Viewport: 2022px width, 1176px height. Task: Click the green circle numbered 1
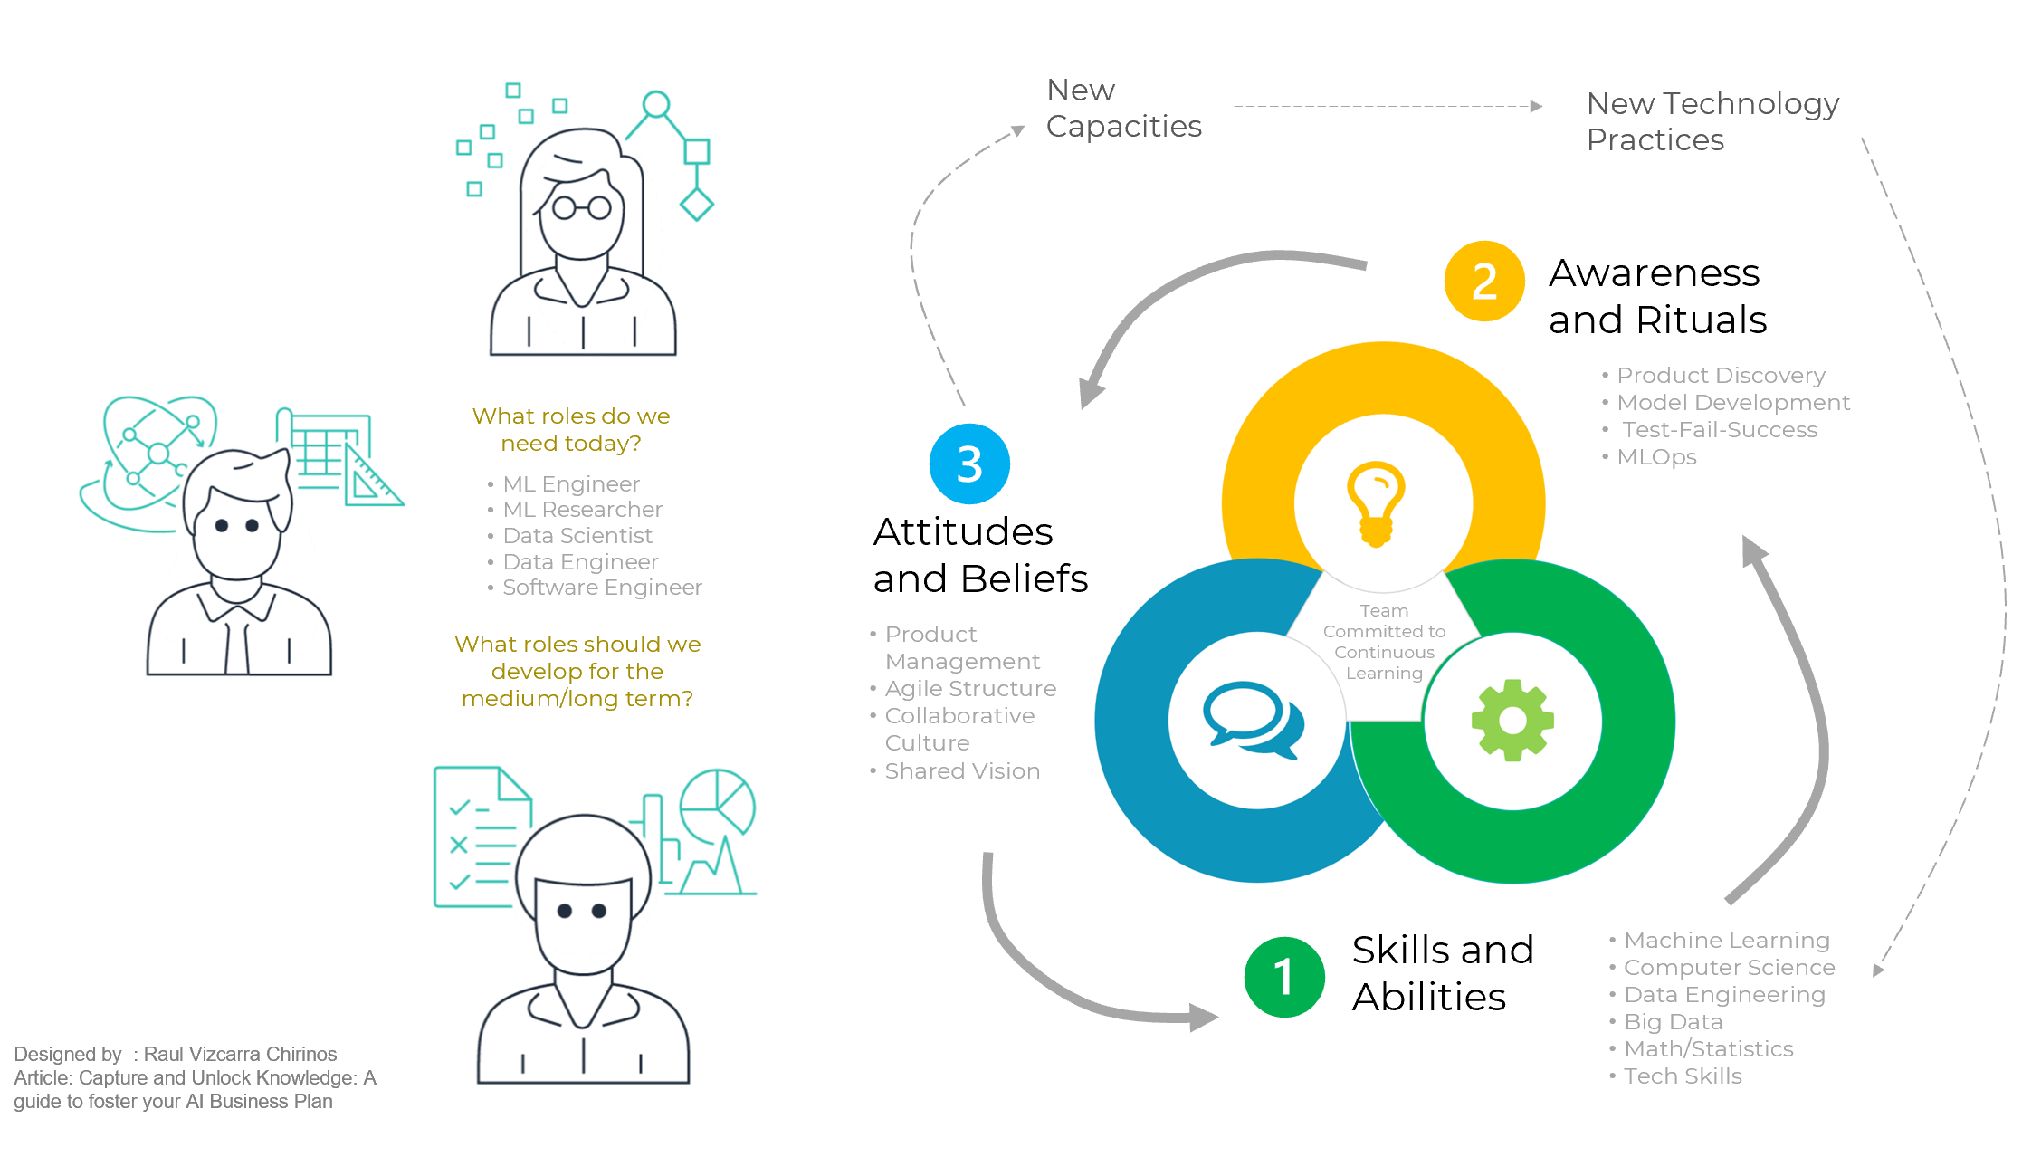(1284, 977)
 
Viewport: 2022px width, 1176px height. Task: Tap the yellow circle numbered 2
(1484, 281)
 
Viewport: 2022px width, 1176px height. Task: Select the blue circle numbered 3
(969, 464)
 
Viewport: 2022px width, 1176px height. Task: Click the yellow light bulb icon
(1376, 503)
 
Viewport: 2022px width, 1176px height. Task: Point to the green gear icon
(1512, 721)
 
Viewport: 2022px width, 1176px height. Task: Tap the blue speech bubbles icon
(1254, 721)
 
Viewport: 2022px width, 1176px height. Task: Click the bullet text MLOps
(1656, 457)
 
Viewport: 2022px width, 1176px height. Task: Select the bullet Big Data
(1673, 1022)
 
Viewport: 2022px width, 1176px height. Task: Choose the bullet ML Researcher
(582, 510)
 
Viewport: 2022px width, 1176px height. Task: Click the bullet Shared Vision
(961, 771)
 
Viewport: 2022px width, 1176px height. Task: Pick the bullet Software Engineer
(602, 588)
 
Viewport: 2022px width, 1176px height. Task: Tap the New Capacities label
(1123, 109)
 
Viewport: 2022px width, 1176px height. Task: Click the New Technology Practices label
(1712, 121)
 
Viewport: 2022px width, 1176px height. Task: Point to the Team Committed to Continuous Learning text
(1384, 642)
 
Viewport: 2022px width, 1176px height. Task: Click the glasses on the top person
(582, 208)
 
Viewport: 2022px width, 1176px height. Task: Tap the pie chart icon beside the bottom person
(718, 801)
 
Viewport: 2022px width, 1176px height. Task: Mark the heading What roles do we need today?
(571, 429)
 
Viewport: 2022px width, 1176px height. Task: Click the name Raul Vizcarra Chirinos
(240, 1054)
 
